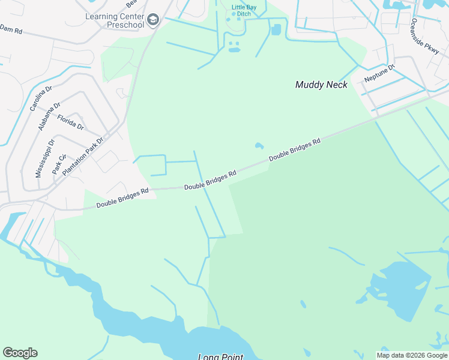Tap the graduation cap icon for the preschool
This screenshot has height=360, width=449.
click(x=153, y=21)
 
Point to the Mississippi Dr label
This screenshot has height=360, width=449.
click(x=45, y=158)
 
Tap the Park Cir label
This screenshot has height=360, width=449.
click(x=59, y=163)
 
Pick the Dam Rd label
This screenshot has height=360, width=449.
click(x=11, y=29)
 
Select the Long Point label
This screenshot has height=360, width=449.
click(x=220, y=357)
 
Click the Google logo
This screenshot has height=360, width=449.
click(x=20, y=353)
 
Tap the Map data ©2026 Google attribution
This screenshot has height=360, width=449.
click(x=412, y=355)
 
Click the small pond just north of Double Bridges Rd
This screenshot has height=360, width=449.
click(x=259, y=146)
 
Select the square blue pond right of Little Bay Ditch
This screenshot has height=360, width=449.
click(x=276, y=29)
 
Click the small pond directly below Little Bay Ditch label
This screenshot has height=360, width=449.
click(x=234, y=47)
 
